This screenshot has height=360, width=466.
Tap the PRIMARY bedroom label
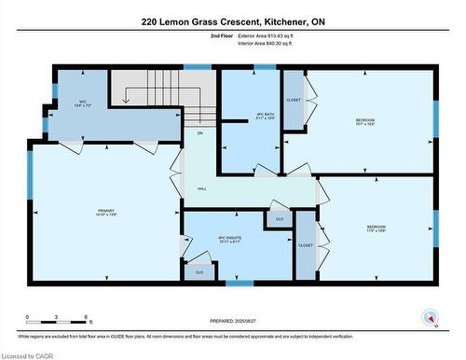105,213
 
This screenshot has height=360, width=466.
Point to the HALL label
201,188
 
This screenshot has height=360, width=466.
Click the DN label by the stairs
199,133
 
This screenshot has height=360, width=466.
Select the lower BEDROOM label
376,228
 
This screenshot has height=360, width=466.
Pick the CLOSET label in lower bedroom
306,245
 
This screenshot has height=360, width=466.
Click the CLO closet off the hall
278,218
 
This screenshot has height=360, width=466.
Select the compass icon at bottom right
429,316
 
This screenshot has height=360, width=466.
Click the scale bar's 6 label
87,318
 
